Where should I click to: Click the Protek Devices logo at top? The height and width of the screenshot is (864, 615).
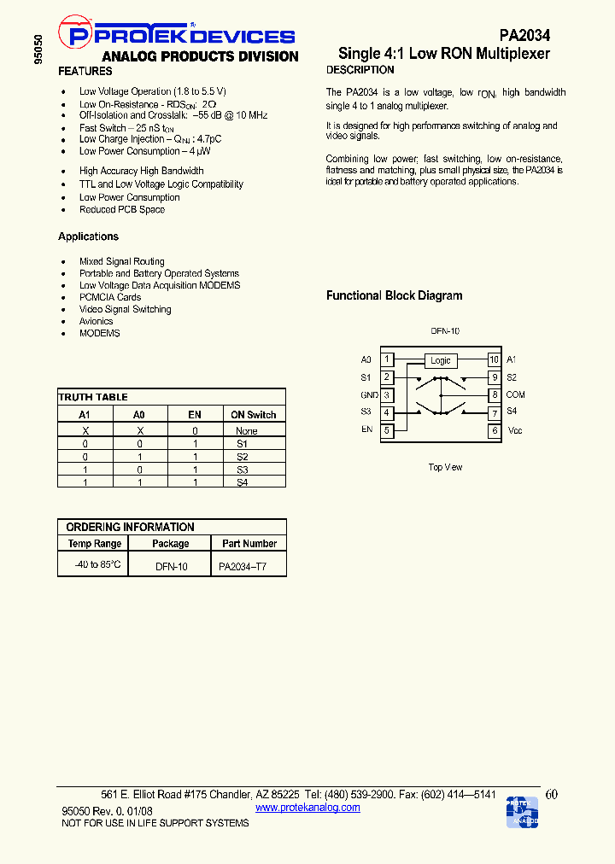[x=180, y=35]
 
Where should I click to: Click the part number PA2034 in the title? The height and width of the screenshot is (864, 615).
[x=524, y=35]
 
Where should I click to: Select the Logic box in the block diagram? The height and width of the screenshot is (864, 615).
[x=440, y=360]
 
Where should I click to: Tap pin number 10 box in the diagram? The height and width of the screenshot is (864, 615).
[x=494, y=360]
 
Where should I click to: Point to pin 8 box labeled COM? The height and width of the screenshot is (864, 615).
[x=494, y=395]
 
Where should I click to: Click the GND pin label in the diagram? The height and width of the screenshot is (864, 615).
[x=369, y=395]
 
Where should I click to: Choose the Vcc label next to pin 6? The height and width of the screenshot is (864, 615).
[x=514, y=431]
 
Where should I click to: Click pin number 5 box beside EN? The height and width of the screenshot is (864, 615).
[x=387, y=430]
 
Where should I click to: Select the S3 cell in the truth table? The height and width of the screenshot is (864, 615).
[x=242, y=470]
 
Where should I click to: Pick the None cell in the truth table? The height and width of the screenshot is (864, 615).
[x=246, y=431]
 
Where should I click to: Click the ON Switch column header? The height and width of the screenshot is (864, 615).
[x=254, y=415]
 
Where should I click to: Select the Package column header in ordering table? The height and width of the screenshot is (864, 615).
[x=171, y=544]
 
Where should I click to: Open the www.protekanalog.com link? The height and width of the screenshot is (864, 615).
[x=307, y=808]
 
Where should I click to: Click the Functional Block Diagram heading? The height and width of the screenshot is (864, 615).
[x=395, y=295]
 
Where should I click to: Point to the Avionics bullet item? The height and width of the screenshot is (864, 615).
[x=96, y=321]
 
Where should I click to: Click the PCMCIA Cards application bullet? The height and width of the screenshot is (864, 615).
[x=110, y=297]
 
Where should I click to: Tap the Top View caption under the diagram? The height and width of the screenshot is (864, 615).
[x=445, y=468]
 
